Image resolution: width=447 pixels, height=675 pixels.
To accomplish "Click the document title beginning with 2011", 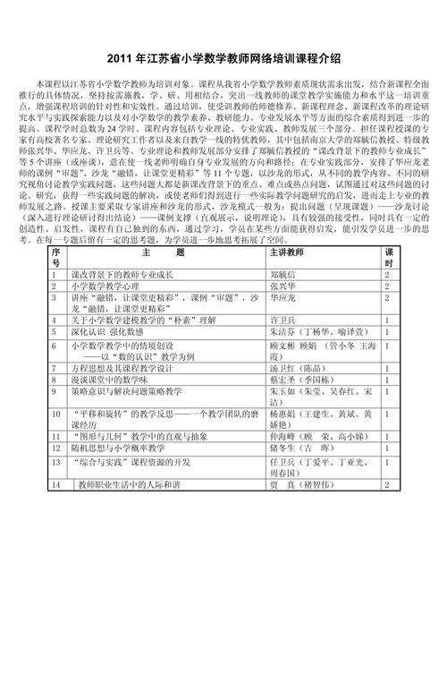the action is [223, 57].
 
